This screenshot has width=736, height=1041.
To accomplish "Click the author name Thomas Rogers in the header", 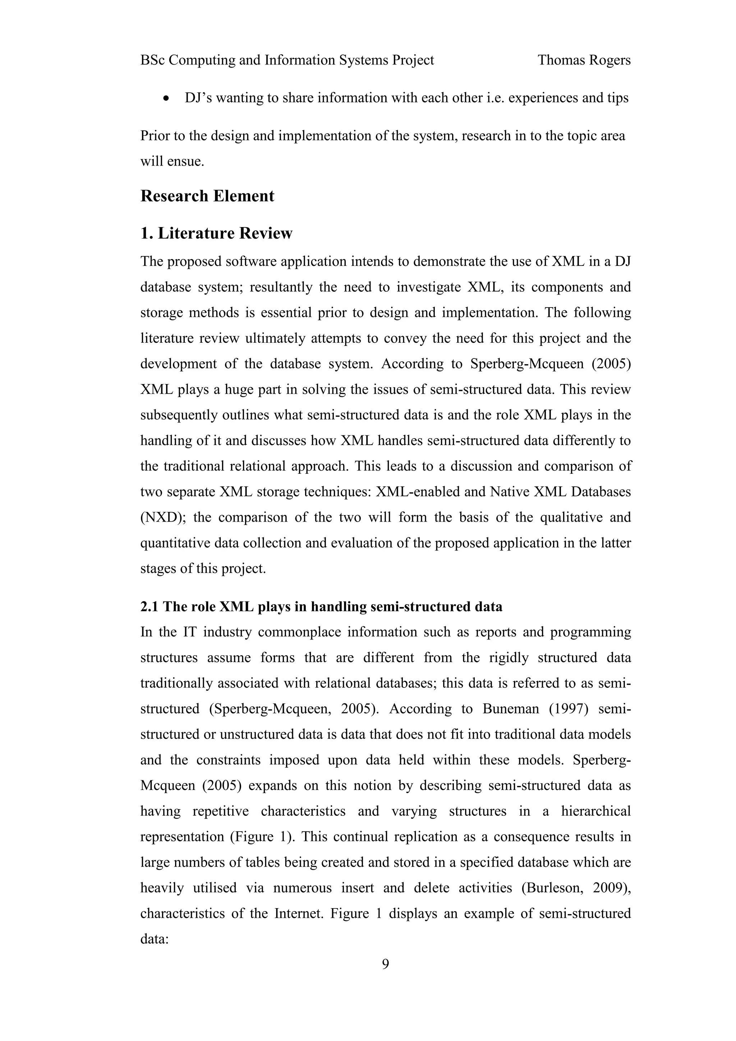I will tap(584, 60).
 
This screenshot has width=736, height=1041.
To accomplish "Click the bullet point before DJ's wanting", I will tap(167, 98).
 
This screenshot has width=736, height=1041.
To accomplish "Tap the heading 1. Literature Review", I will tap(216, 233).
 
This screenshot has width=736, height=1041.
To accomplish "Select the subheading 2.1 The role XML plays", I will tap(321, 607).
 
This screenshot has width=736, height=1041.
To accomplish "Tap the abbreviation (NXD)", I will tap(163, 517).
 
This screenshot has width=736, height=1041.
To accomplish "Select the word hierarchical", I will tap(595, 811).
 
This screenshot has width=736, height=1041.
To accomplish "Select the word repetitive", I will tap(220, 811).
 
